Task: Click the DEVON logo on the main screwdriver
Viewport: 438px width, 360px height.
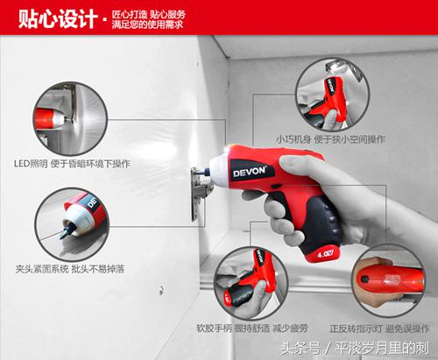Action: (x=249, y=172)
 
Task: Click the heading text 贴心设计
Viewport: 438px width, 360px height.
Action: (x=58, y=18)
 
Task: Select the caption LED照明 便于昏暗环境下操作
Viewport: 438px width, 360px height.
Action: (x=72, y=164)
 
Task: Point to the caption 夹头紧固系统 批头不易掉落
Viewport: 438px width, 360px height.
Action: (x=70, y=269)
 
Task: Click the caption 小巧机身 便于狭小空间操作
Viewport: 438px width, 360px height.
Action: (x=331, y=139)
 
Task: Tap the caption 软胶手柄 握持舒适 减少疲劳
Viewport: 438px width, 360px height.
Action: (x=252, y=328)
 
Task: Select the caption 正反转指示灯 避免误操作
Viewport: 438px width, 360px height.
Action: (x=379, y=328)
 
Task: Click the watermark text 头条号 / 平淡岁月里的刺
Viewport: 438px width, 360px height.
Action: (x=355, y=348)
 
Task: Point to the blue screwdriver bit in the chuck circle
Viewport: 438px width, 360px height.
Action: (x=65, y=229)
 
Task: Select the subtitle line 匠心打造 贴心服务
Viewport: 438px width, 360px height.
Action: (x=148, y=14)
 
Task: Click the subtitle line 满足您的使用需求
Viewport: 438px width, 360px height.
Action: (x=147, y=25)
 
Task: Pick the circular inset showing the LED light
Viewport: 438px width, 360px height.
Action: (x=70, y=119)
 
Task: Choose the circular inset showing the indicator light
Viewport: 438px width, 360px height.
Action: (x=389, y=280)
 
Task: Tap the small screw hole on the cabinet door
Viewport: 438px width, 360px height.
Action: (x=161, y=290)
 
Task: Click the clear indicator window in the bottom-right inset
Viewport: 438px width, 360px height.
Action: (x=392, y=281)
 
